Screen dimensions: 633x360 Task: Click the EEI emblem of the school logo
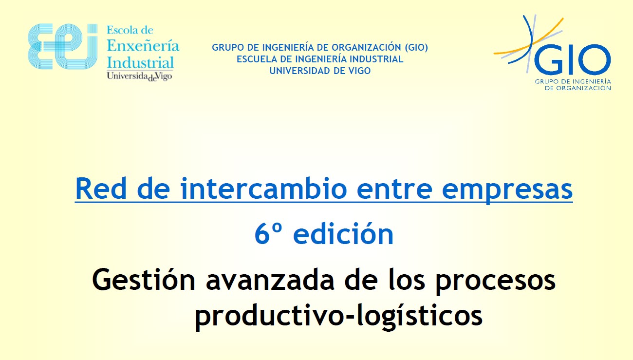click(63, 47)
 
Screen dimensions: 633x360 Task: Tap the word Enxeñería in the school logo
click(143, 46)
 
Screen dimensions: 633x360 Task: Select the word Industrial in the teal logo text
click(140, 63)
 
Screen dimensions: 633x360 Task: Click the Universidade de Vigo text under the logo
click(139, 76)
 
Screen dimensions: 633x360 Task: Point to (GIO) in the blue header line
click(416, 48)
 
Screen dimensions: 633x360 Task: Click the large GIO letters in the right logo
click(572, 59)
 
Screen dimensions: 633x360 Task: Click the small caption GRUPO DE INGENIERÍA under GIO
click(573, 82)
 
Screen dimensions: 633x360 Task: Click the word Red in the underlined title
click(101, 189)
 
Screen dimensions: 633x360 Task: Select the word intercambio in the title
click(263, 189)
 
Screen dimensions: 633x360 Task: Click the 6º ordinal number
click(268, 234)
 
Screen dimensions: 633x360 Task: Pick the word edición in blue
click(343, 233)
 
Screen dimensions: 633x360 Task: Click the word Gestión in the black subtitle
click(144, 280)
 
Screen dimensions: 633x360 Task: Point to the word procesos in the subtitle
click(496, 283)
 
